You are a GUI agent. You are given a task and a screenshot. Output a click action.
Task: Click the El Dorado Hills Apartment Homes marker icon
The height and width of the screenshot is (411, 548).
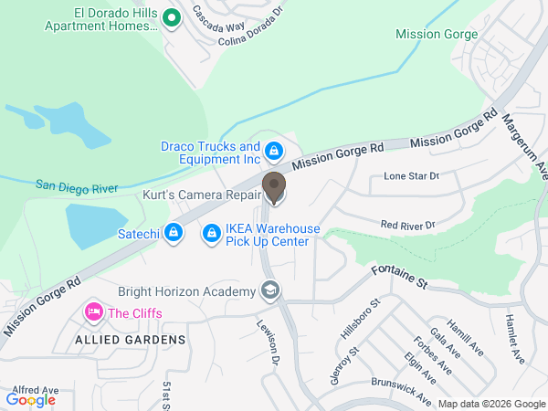[x=170, y=17]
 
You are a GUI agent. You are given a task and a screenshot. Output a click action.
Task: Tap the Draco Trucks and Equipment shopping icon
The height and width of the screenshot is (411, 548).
[x=273, y=150]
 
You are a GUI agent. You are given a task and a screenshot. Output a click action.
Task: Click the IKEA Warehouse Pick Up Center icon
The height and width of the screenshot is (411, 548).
[x=211, y=235]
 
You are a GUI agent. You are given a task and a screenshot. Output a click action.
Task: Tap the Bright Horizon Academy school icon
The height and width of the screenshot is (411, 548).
[x=269, y=291]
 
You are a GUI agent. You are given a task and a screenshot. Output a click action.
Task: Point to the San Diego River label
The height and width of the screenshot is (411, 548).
[x=78, y=186]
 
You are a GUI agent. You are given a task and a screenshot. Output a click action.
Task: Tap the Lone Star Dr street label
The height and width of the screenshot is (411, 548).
[x=411, y=175]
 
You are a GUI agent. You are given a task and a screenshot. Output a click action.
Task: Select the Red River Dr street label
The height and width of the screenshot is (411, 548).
[x=408, y=224]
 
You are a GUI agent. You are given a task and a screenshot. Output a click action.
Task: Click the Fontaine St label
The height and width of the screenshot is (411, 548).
[x=400, y=275]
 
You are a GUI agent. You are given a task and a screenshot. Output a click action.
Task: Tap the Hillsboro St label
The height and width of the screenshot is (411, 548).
[x=360, y=318]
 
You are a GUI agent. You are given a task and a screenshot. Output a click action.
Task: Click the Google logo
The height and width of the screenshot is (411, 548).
[x=31, y=399]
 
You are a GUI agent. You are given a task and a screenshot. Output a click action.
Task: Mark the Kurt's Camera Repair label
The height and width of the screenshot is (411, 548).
[x=202, y=195]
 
